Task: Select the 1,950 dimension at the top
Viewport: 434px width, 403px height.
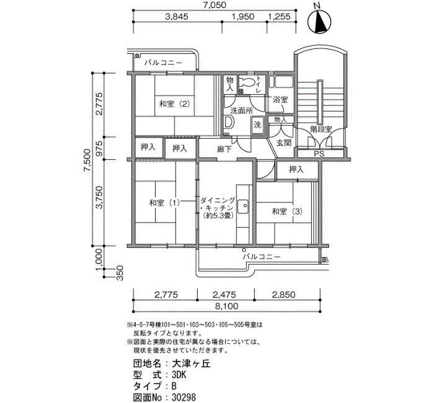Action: coord(243,17)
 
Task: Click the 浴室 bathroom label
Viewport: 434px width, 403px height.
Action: coord(280,100)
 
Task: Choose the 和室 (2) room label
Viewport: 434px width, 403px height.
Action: coord(175,104)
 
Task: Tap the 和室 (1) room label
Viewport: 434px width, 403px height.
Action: coord(164,203)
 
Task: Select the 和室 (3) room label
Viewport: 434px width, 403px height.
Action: coord(287,212)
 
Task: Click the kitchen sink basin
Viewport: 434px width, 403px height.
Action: coord(243,206)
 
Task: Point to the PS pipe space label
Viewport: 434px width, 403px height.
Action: coord(319,154)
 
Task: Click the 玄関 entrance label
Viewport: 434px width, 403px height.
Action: coord(284,143)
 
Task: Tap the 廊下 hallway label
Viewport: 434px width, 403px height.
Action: coord(224,149)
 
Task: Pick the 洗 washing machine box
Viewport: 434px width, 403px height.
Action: coord(257,125)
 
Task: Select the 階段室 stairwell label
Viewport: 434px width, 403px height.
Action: coord(321,129)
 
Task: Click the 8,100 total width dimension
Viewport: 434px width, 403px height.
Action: coord(226,306)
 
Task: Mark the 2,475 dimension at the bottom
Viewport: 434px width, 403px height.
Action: coord(224,294)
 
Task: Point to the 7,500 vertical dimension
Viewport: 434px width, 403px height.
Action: coord(87,160)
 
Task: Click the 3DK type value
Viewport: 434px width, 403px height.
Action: coord(179,374)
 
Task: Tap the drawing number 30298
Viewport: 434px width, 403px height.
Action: coord(184,397)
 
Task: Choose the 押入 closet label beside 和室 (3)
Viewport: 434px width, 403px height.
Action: coord(296,169)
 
